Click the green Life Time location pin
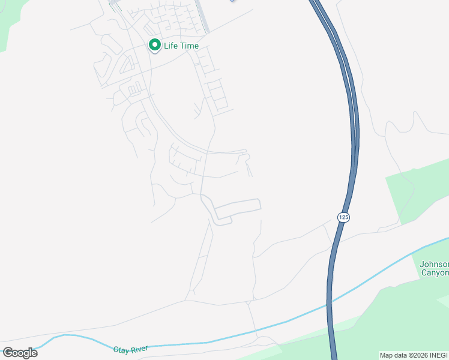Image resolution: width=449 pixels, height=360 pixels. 154,45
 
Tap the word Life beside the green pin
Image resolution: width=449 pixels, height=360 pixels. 170,46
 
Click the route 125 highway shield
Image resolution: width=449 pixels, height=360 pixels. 343,217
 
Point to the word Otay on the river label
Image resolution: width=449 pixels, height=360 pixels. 122,349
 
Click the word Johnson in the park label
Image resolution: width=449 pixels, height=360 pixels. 433,264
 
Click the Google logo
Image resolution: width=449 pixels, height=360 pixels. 20,353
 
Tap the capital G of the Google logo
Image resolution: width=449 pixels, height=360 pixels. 8,353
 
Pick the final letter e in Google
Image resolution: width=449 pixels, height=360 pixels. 34,353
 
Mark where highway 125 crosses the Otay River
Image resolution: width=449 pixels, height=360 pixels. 329,303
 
